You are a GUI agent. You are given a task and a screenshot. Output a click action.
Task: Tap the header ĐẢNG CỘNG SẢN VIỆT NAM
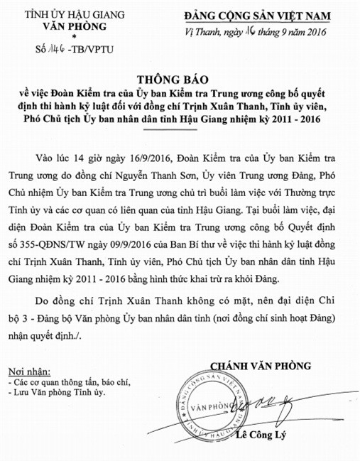[268, 15]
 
